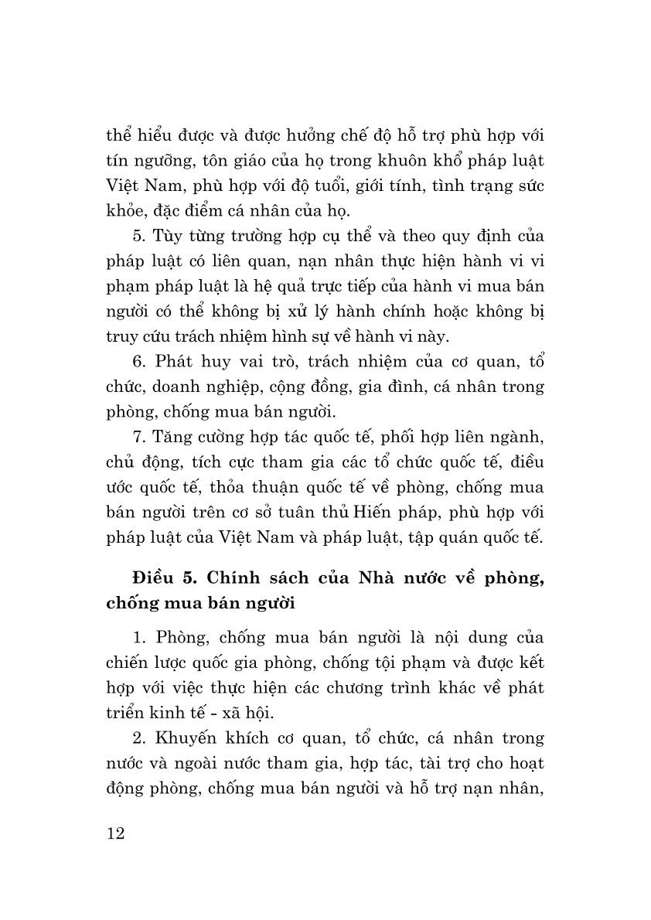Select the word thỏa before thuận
click(238, 488)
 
